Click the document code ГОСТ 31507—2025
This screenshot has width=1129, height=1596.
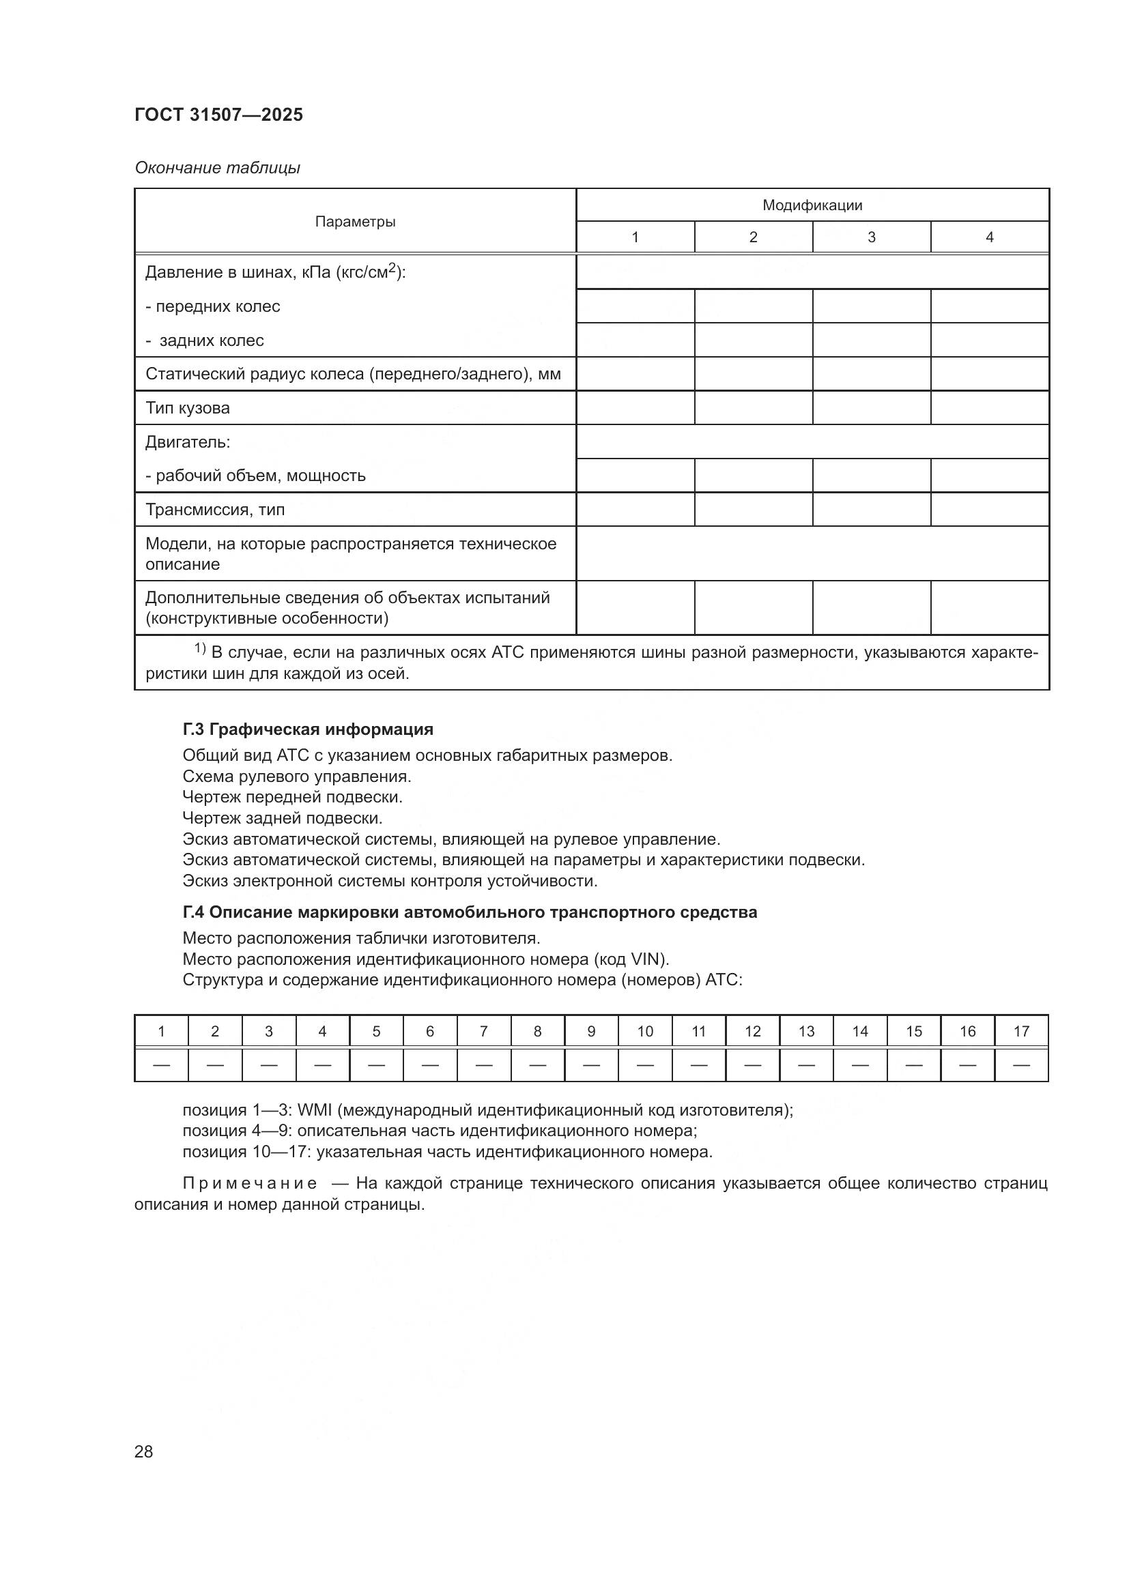tap(219, 115)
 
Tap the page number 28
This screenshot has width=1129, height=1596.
tap(144, 1451)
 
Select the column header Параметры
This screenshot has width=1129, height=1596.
tap(355, 222)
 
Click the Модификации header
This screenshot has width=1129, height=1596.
tap(812, 205)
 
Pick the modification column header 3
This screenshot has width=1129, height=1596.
tap(871, 237)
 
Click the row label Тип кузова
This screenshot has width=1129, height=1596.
tap(188, 408)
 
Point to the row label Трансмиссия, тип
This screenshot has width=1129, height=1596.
tap(215, 510)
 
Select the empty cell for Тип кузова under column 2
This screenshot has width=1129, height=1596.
tap(753, 408)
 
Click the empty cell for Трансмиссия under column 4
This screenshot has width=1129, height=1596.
tap(989, 510)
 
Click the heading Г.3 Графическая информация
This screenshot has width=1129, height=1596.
tap(308, 729)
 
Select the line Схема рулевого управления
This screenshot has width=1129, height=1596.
tap(297, 777)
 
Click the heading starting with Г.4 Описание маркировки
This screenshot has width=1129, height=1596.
tap(470, 912)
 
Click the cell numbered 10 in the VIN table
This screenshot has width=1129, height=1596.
tap(645, 1032)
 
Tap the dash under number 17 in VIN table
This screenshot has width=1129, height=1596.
tap(1021, 1065)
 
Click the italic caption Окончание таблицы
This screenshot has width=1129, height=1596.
tap(218, 168)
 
